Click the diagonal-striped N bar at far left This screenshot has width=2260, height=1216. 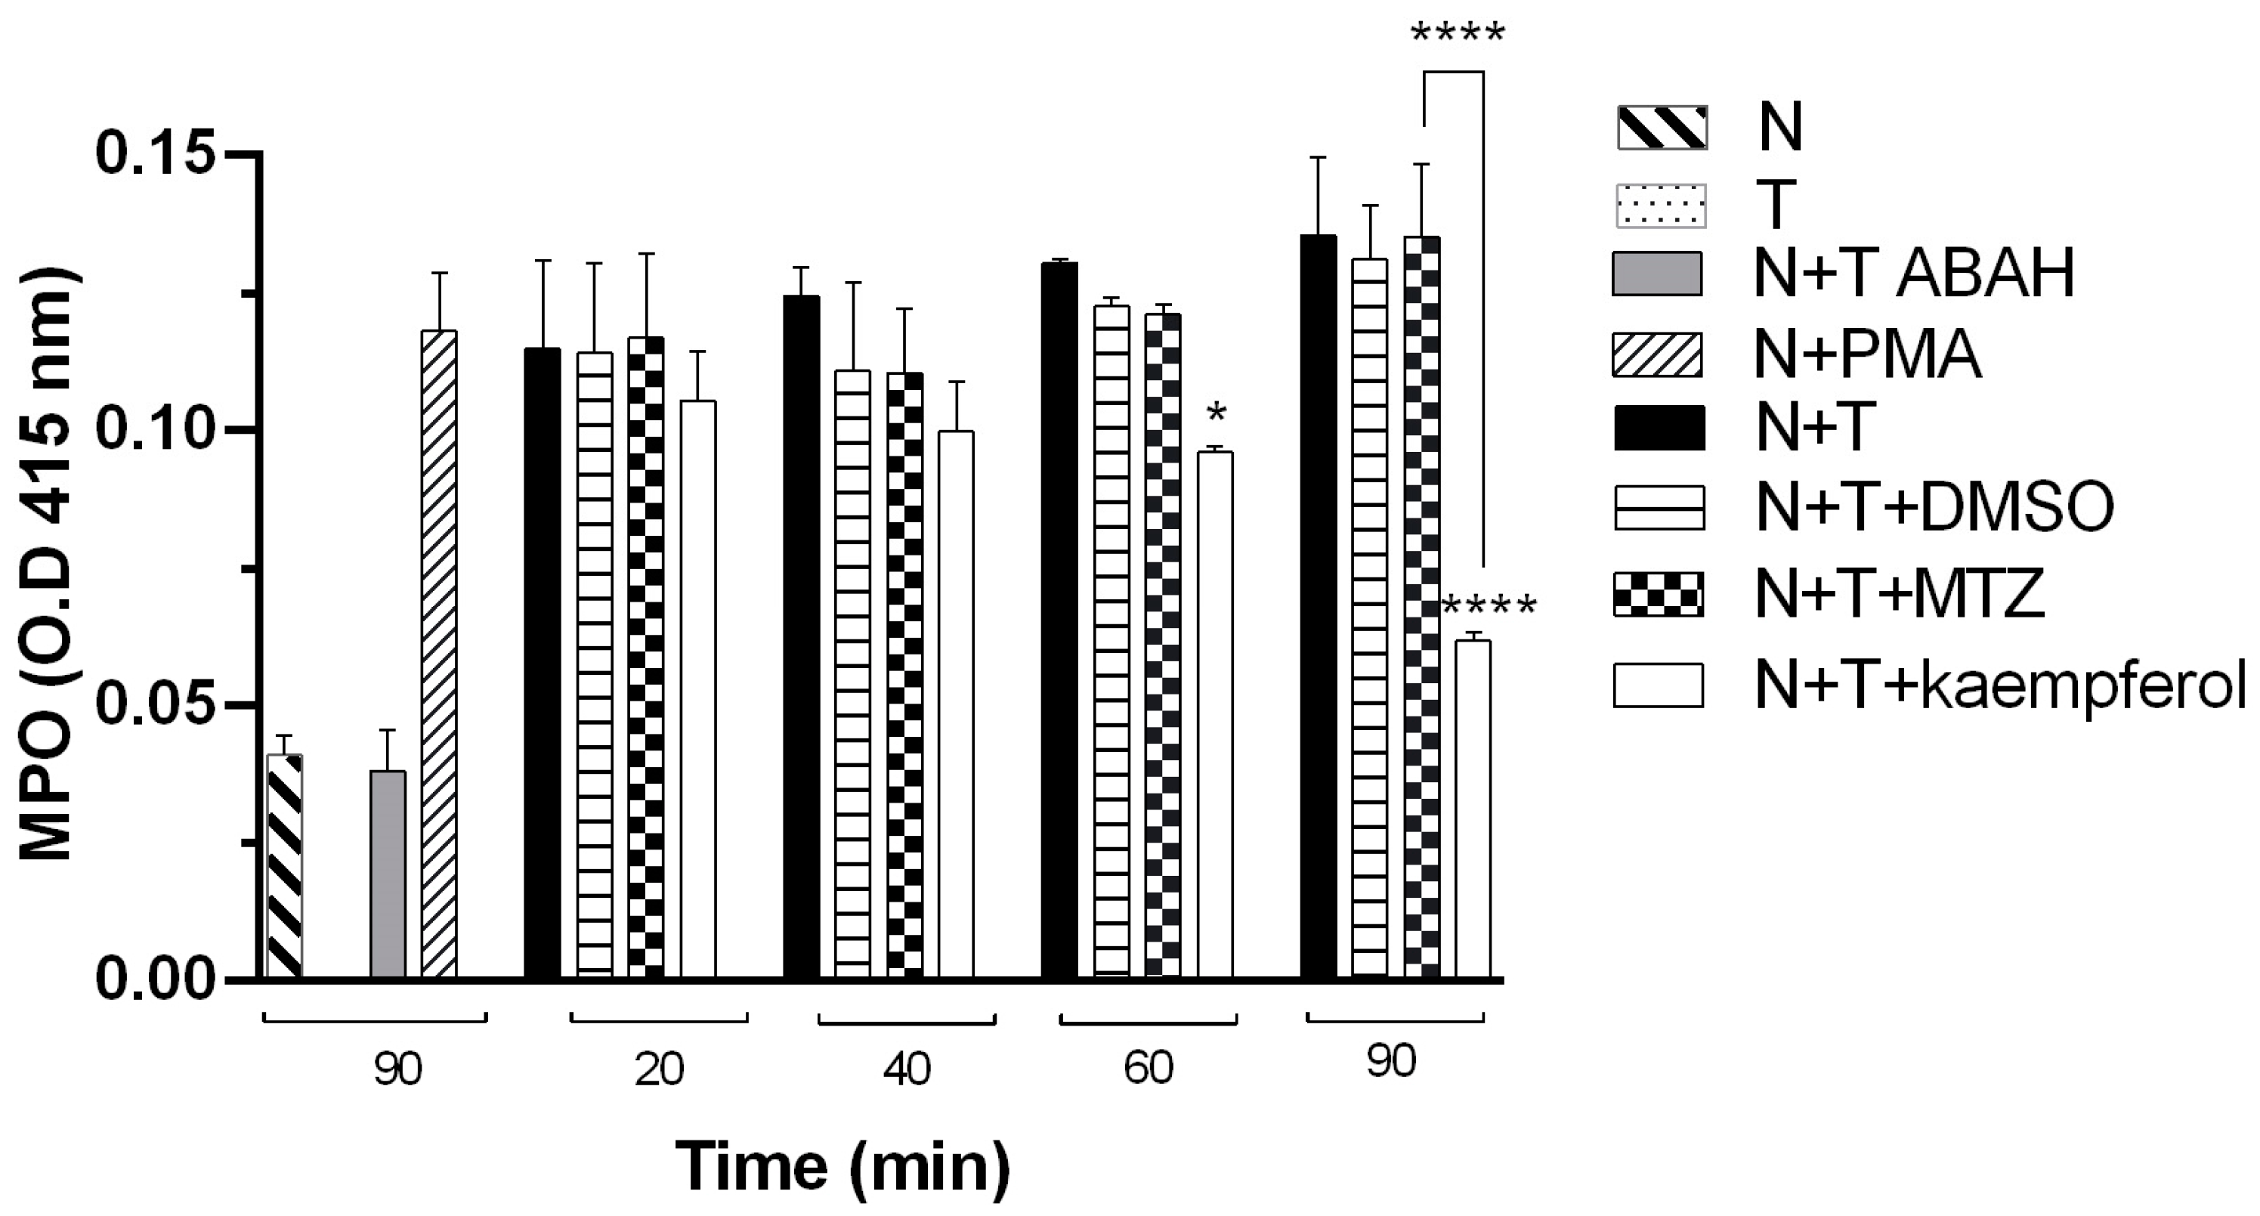(x=284, y=866)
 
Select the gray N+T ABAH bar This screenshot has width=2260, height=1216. (x=388, y=874)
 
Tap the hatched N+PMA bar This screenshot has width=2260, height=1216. (x=439, y=654)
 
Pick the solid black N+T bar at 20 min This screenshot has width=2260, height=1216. (x=543, y=664)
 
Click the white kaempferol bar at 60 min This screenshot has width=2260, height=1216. (x=1215, y=715)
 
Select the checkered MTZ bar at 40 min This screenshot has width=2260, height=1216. (x=904, y=676)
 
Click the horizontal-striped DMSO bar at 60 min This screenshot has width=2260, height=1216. (x=1111, y=642)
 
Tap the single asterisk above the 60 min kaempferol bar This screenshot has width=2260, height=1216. (x=1216, y=413)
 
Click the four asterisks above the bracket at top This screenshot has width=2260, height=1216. (x=1458, y=35)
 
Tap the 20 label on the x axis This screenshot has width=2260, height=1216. (x=659, y=1069)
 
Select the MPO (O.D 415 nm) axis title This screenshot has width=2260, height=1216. (x=48, y=563)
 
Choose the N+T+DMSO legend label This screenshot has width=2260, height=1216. (x=1934, y=506)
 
